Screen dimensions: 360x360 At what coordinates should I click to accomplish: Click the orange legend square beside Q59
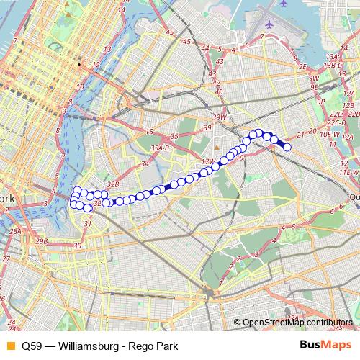tap(9, 345)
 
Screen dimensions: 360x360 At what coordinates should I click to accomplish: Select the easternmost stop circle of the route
tap(287, 147)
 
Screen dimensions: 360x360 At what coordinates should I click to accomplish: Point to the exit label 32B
tap(112, 184)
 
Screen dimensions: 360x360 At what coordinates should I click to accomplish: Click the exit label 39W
tap(220, 117)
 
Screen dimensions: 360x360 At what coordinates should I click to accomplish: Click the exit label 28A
tap(15, 231)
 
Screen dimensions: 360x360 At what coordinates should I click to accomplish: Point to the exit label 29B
tap(42, 240)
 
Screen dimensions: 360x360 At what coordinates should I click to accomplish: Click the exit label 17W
tap(209, 162)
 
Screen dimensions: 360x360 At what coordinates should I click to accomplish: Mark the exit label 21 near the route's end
tap(300, 135)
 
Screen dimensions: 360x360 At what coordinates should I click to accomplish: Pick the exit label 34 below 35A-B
tap(144, 164)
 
